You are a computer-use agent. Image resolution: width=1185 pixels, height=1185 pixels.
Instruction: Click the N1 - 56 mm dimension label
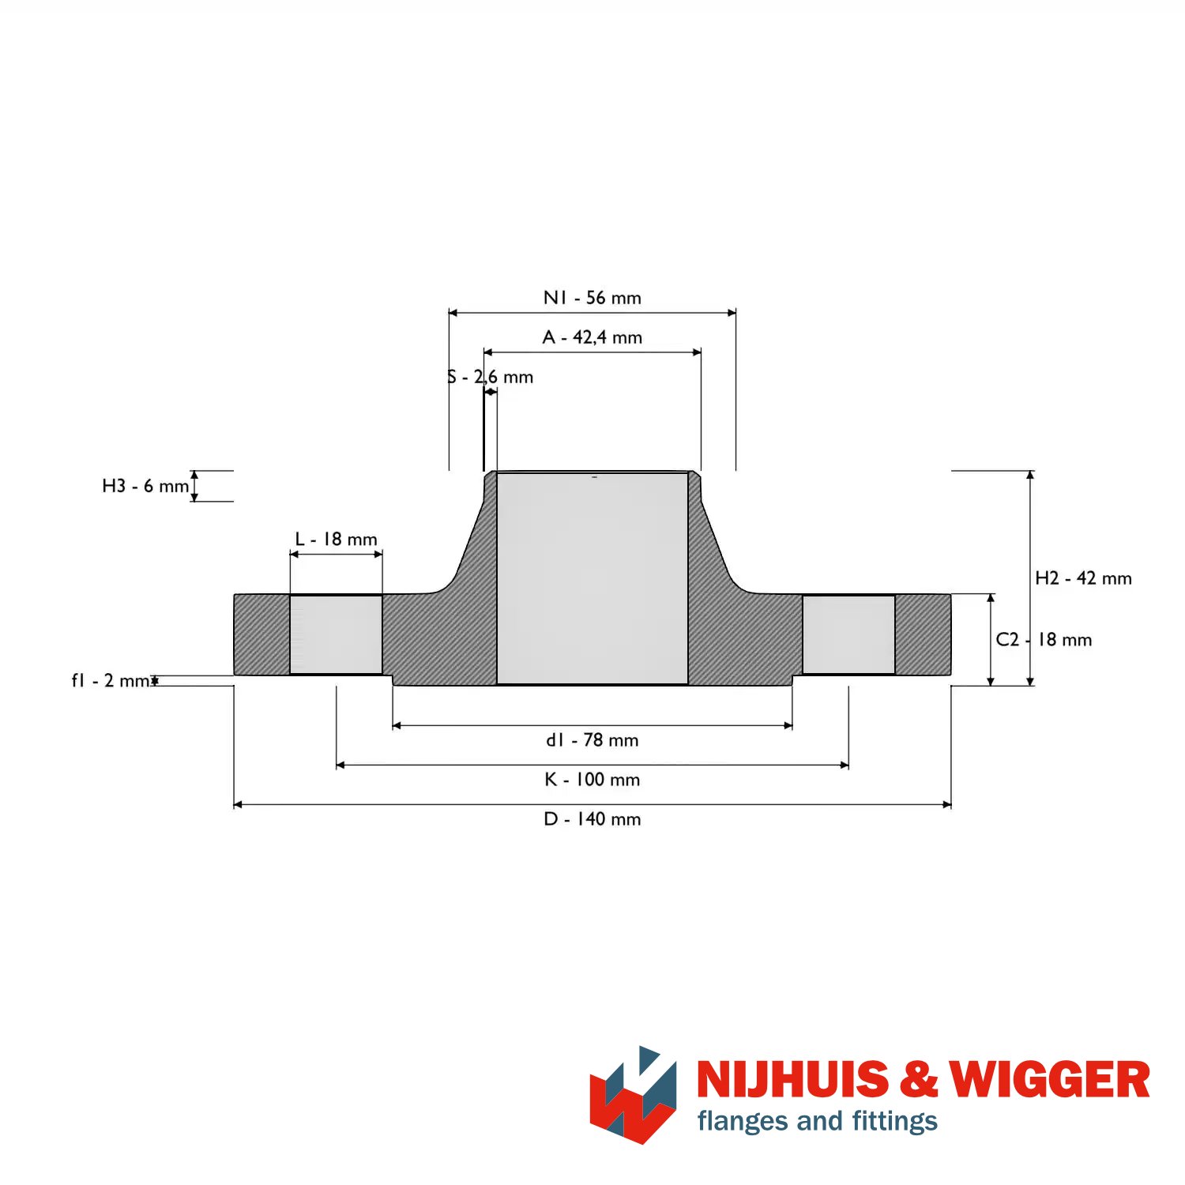click(x=592, y=298)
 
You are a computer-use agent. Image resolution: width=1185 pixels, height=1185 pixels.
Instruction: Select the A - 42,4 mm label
click(x=592, y=337)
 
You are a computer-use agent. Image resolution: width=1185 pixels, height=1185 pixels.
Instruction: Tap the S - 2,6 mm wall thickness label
click(x=490, y=377)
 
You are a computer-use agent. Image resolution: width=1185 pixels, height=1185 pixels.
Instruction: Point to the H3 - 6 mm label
click(x=145, y=486)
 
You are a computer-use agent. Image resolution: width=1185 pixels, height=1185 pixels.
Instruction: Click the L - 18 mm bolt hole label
click(x=337, y=540)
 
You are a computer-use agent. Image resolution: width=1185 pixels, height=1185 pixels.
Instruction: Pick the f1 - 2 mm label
click(x=111, y=680)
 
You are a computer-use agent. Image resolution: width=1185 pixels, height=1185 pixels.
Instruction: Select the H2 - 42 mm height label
click(x=1084, y=578)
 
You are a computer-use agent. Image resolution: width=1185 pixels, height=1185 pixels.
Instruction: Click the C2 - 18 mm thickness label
click(x=1044, y=640)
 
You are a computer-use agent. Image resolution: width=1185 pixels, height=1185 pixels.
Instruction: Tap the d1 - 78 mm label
click(x=592, y=740)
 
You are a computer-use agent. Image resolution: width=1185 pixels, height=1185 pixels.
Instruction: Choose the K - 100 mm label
click(x=592, y=780)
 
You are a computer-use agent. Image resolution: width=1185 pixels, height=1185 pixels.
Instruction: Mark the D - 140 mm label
click(x=592, y=819)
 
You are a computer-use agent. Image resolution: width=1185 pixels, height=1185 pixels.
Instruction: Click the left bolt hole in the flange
click(x=337, y=634)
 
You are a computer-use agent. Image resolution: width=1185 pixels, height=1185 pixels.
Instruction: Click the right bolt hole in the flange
click(x=848, y=634)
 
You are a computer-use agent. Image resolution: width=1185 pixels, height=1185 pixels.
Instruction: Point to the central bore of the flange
click(x=592, y=578)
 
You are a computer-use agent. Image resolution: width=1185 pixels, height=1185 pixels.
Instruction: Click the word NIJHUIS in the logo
click(x=792, y=1079)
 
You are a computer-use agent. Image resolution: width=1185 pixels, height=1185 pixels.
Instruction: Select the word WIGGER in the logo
click(x=1049, y=1079)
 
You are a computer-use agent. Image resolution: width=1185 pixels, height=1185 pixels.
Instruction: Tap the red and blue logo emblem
click(x=633, y=1095)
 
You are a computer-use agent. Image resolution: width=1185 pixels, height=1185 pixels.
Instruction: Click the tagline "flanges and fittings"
click(x=818, y=1121)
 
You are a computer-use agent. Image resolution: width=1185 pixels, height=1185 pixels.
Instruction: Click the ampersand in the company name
click(x=918, y=1079)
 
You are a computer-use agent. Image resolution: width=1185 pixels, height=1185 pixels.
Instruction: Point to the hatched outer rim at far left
click(x=261, y=634)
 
